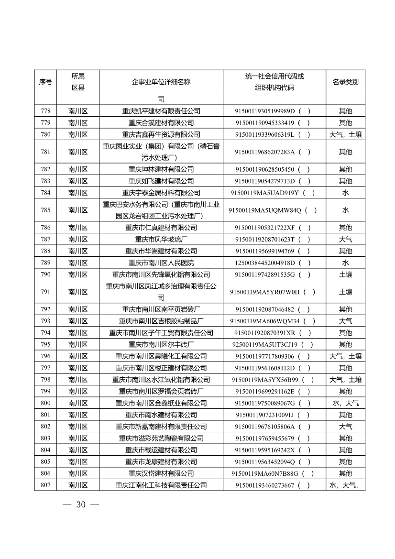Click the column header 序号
tap(45, 82)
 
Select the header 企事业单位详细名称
tap(161, 82)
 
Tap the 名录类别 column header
tap(345, 82)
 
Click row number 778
tap(45, 111)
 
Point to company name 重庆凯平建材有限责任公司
tap(161, 111)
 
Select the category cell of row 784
tap(345, 193)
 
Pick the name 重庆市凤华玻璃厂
tap(161, 239)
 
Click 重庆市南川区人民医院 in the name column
tap(161, 263)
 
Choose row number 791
tap(45, 292)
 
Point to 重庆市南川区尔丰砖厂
tap(161, 344)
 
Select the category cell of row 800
tap(345, 403)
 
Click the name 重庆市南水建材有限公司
tap(161, 415)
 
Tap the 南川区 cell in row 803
tap(78, 438)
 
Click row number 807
tap(45, 485)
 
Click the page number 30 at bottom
tap(80, 505)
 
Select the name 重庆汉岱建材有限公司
tap(161, 473)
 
